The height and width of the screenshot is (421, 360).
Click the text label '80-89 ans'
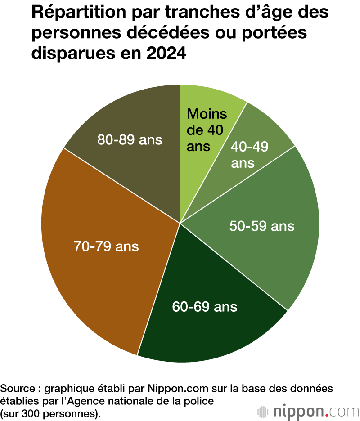tap(130, 140)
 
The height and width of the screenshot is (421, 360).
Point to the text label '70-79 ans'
tap(106, 246)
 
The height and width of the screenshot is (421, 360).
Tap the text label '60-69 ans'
tap(205, 307)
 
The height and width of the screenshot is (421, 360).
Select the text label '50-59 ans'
tap(262, 226)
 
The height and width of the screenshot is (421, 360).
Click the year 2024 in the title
tap(166, 54)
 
